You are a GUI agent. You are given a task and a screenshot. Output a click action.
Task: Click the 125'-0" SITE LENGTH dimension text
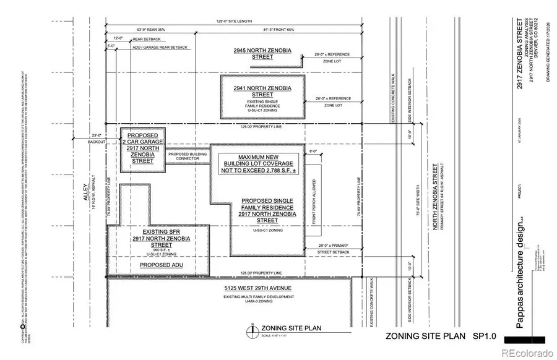235,22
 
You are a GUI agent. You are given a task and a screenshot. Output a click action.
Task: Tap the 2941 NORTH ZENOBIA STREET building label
262,92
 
